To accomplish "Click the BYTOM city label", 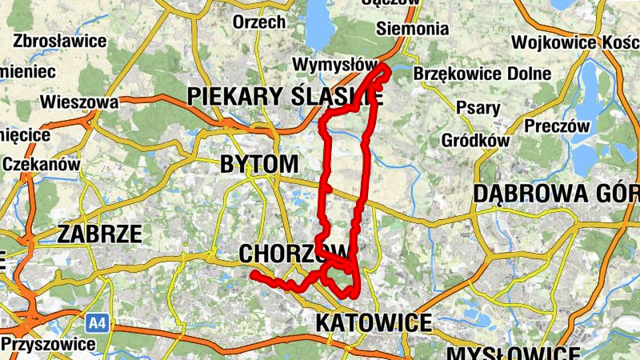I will click(258, 165).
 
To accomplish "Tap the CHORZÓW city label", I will click(284, 253).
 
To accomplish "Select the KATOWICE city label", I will click(374, 323).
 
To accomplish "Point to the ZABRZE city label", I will click(99, 234).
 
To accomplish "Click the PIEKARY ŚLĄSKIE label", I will click(285, 97).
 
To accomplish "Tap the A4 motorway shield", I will click(96, 323).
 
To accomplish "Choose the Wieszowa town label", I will click(79, 102).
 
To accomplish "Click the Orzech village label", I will click(258, 22).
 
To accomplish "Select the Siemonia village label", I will click(412, 29).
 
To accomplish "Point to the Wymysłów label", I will click(335, 63).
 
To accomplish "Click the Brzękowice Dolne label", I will click(482, 74).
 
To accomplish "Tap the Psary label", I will click(478, 107).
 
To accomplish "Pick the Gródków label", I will click(475, 141).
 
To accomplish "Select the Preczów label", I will click(557, 126).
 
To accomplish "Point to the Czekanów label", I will click(42, 163).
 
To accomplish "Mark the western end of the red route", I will click(254, 274).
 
